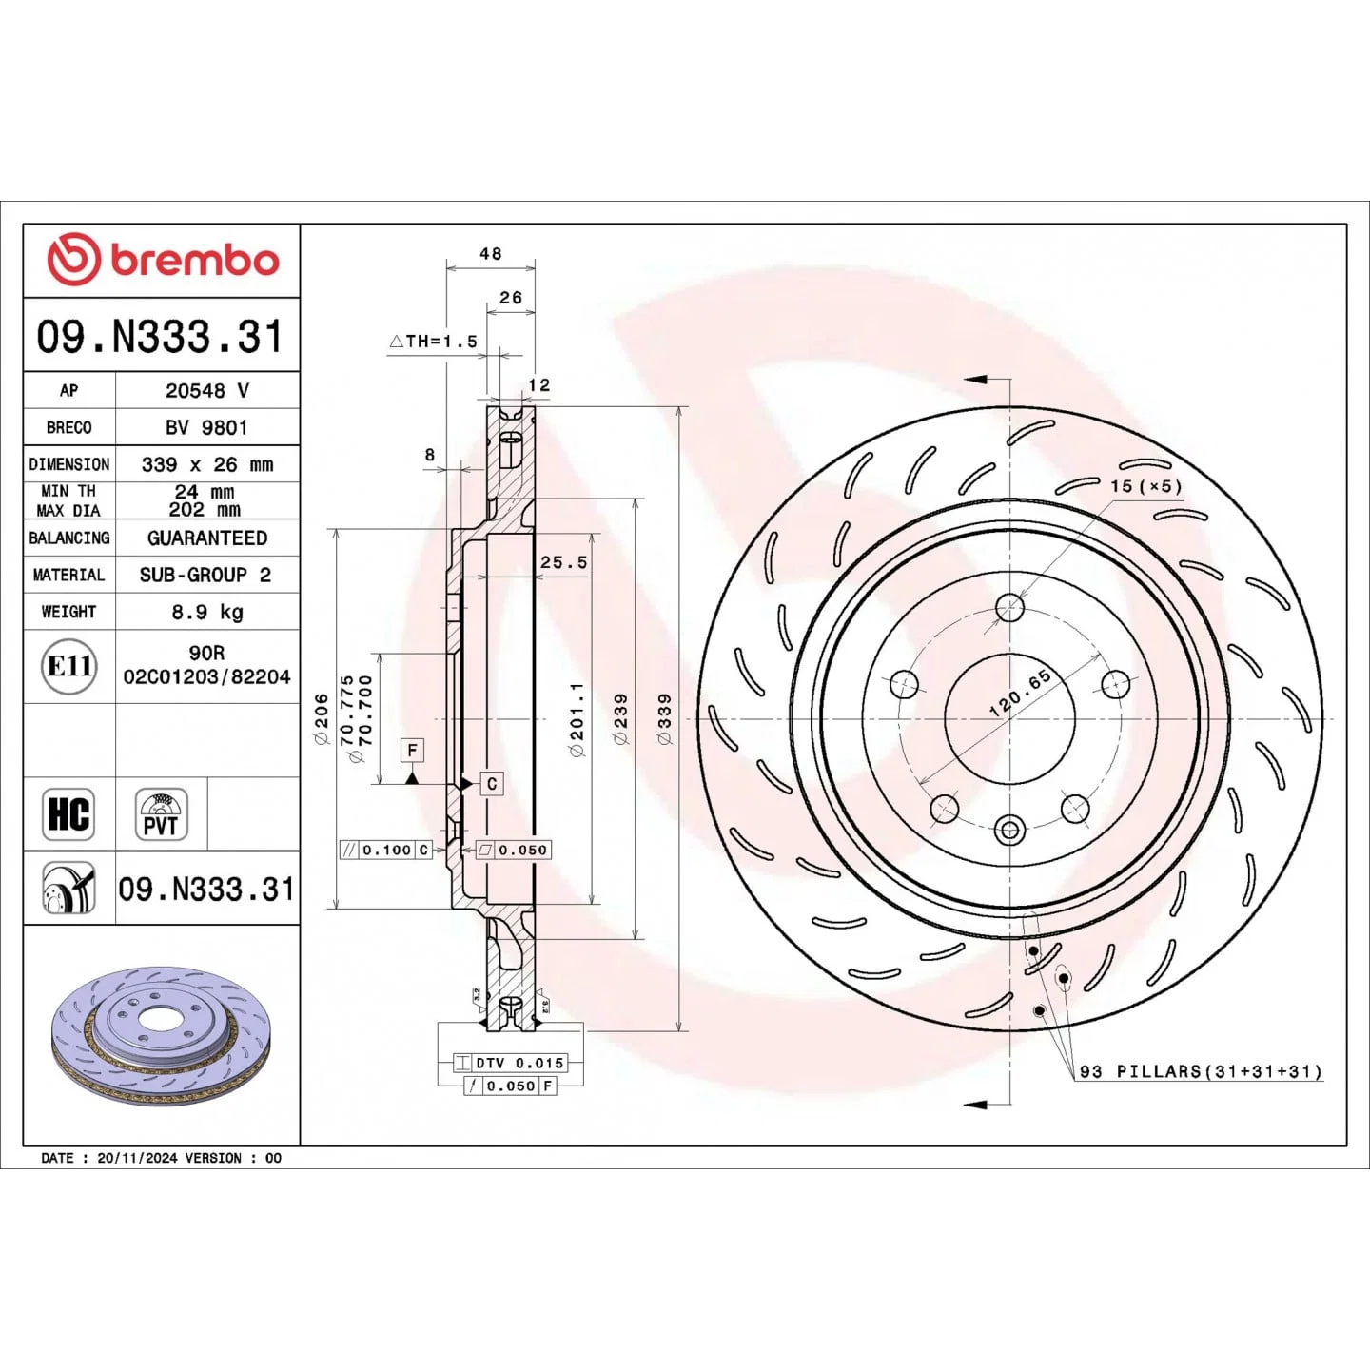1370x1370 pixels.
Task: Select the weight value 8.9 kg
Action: (x=206, y=612)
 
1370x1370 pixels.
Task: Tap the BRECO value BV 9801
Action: (x=206, y=427)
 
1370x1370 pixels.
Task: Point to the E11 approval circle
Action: (x=68, y=667)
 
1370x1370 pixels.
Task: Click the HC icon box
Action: (x=68, y=814)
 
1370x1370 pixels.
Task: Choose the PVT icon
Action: (x=162, y=814)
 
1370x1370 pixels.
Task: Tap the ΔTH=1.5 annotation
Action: (x=433, y=342)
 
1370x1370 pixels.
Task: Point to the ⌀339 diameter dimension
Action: (x=664, y=719)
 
